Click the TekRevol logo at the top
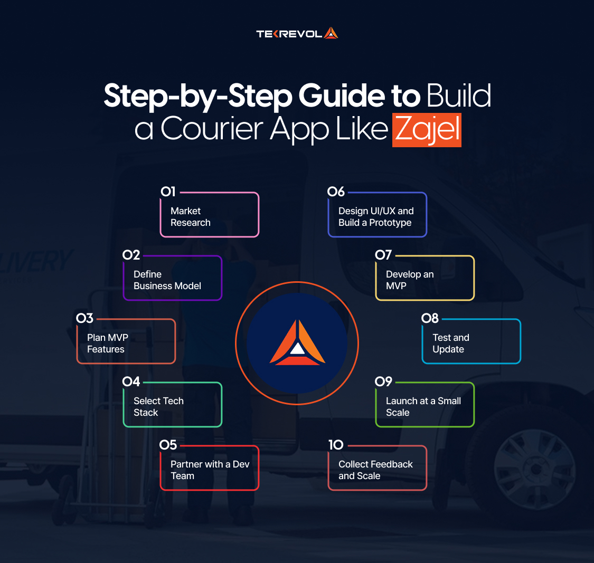point(297,34)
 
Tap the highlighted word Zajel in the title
point(427,129)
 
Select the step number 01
point(168,192)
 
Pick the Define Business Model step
point(173,280)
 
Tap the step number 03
point(84,318)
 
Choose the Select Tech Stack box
point(173,406)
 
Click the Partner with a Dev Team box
point(210,470)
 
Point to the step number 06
point(336,192)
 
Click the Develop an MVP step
point(425,280)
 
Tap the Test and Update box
point(471,343)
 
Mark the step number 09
point(383,381)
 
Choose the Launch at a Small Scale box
point(425,406)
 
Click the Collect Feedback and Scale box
point(377,470)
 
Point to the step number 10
point(336,445)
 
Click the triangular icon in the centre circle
point(297,343)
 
